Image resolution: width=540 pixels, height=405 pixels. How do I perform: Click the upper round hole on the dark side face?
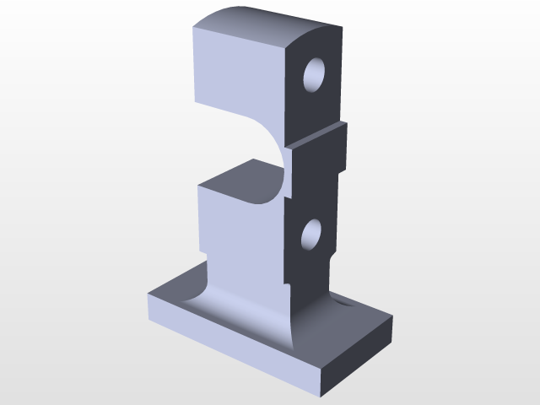point(315,76)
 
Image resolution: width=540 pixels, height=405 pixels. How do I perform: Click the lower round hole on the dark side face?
point(311,235)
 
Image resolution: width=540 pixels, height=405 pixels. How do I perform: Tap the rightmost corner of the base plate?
point(393,319)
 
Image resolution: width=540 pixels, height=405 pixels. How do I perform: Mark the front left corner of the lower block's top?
point(198,187)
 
